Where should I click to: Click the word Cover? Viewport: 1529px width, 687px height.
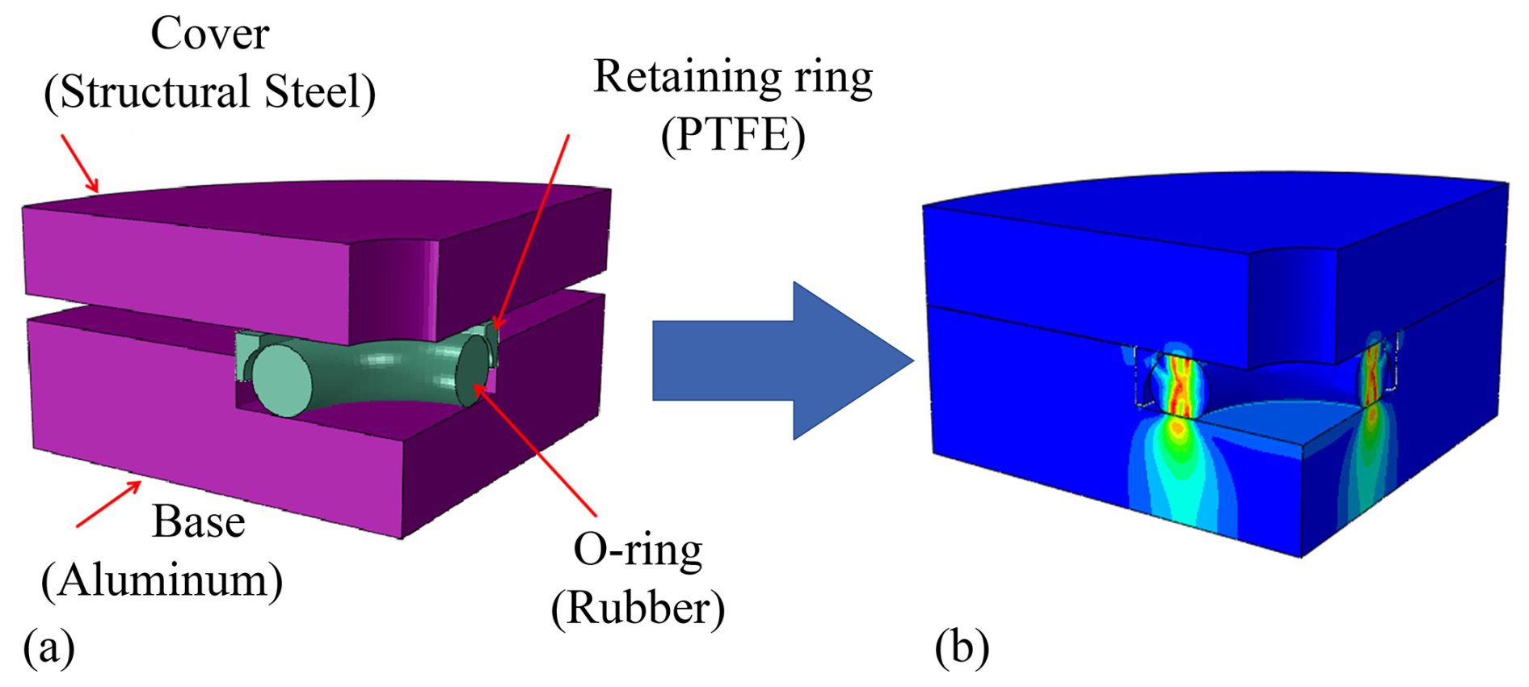209,35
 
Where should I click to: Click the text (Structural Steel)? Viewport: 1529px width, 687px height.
209,92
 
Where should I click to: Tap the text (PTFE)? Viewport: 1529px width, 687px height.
732,134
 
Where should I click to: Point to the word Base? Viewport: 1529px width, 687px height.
198,522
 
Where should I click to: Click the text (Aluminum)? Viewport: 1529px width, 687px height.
162,580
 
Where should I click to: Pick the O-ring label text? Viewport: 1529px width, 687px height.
638,550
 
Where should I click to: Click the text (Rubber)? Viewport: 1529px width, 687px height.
638,608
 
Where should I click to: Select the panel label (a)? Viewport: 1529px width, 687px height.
48,647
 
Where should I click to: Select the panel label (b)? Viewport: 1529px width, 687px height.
961,647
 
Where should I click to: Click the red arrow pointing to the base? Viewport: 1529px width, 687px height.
109,504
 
